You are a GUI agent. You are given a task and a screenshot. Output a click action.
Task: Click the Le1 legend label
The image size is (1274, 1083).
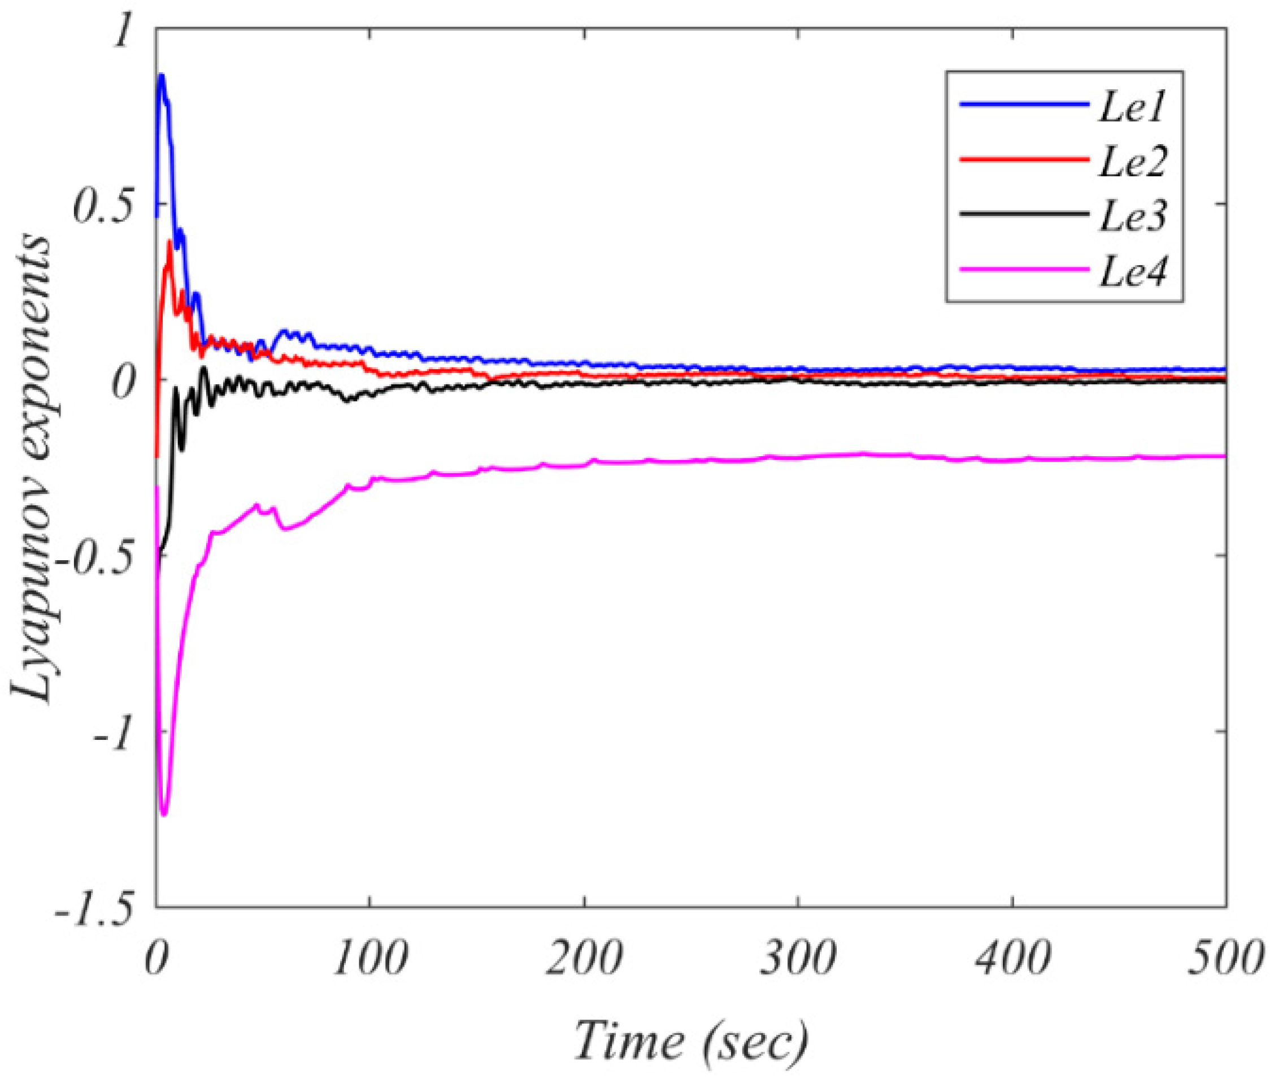point(1131,109)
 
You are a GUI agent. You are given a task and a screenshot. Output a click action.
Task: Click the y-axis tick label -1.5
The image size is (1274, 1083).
point(92,909)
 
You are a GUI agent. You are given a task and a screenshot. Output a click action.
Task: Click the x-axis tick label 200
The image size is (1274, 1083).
point(584,959)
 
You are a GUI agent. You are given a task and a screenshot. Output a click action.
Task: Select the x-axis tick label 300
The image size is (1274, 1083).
point(797,959)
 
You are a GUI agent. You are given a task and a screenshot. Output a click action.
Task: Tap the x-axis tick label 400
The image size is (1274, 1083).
point(1011,959)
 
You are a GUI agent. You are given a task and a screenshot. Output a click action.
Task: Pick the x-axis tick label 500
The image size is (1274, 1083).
point(1224,959)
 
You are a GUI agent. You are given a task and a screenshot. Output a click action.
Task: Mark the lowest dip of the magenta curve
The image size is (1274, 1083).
point(163,814)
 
